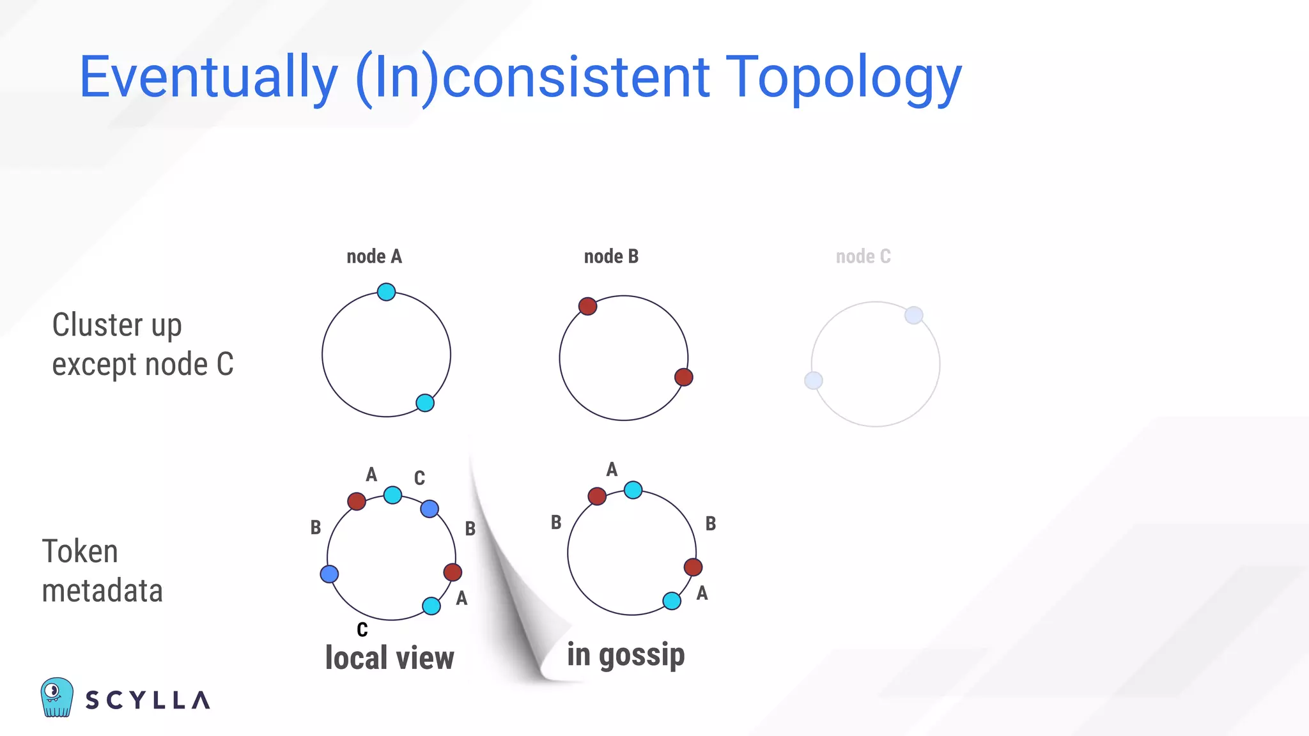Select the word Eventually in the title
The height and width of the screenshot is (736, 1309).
(208, 78)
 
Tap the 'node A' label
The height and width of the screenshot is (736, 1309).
(374, 257)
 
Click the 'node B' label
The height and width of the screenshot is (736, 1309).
(611, 257)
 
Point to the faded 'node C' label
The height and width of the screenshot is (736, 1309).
(863, 257)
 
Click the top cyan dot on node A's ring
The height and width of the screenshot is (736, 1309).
(386, 292)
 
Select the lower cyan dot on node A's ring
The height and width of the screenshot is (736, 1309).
(425, 403)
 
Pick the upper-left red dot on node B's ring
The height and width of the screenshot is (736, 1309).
(587, 306)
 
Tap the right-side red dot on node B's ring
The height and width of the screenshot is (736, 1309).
(684, 377)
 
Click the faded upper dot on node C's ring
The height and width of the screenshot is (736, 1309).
(914, 315)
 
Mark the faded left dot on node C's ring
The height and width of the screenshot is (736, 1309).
(813, 381)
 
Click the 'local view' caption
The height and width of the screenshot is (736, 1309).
(389, 658)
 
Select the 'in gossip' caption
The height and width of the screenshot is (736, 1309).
(626, 655)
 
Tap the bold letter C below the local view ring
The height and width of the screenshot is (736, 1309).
(362, 630)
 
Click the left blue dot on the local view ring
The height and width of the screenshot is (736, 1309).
(329, 574)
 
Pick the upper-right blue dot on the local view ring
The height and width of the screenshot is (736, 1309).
(430, 509)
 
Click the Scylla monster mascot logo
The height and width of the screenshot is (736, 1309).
(56, 698)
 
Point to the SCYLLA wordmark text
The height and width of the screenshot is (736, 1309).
(148, 700)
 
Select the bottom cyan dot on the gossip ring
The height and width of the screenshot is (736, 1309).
(672, 601)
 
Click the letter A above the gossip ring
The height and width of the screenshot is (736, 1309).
(612, 470)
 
